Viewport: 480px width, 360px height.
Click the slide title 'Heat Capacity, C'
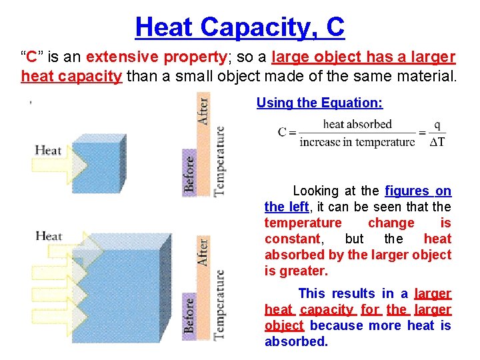(x=239, y=27)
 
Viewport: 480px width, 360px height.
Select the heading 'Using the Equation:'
(x=319, y=103)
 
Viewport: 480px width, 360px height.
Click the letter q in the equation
(x=437, y=125)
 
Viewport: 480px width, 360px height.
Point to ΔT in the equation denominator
(x=437, y=141)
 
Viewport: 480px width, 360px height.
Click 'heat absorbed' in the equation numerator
(x=357, y=124)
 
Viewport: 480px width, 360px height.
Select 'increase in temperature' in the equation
(x=357, y=141)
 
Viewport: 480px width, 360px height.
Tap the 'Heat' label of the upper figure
(x=48, y=149)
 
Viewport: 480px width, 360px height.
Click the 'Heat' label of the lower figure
(x=49, y=235)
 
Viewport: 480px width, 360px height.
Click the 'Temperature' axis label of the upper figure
(x=219, y=160)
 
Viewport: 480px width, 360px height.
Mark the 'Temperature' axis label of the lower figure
(x=219, y=303)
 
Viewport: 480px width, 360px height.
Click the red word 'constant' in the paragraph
(x=292, y=239)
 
